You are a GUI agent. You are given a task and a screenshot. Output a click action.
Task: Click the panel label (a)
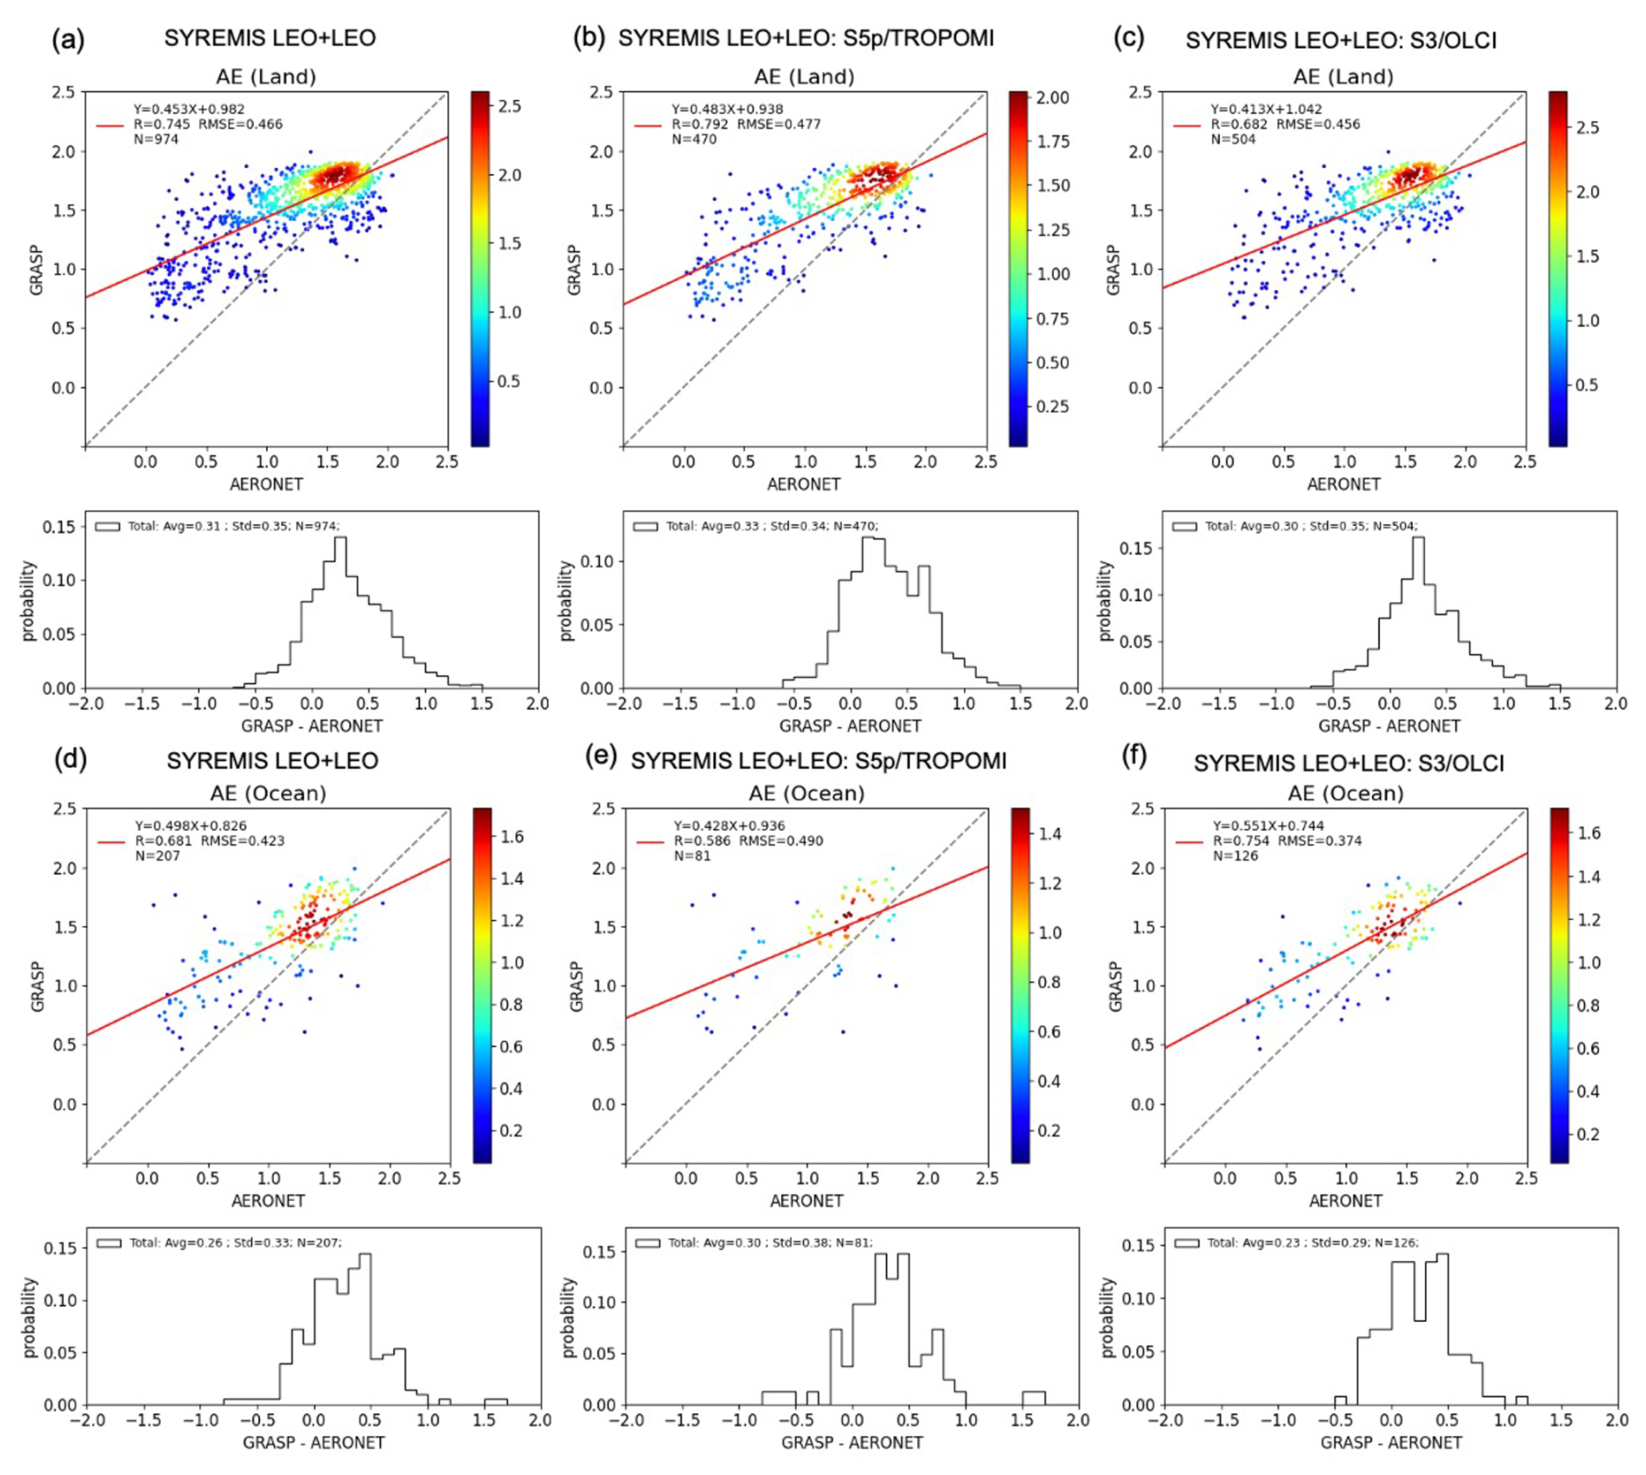click(x=68, y=40)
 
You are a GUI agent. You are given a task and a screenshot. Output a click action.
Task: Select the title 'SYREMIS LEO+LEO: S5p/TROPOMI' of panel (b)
click(x=806, y=38)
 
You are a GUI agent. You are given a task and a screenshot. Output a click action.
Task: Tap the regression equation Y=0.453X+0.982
click(x=189, y=110)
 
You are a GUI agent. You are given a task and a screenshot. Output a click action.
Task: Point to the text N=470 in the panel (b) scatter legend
click(x=693, y=139)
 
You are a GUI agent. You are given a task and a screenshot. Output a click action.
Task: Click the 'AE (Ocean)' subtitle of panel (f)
click(x=1345, y=794)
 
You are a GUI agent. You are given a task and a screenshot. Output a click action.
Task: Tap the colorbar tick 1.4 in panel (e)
click(x=1049, y=835)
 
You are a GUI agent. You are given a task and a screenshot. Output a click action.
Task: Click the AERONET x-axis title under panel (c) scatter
click(x=1343, y=485)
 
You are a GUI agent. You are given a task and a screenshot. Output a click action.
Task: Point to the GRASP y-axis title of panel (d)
click(x=37, y=986)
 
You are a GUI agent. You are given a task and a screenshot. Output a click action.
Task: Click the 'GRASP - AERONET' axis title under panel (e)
click(x=851, y=1443)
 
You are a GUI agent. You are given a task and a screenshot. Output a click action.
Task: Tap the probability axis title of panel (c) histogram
click(x=1105, y=600)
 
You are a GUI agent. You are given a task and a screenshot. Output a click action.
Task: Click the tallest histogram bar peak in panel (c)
click(x=1418, y=538)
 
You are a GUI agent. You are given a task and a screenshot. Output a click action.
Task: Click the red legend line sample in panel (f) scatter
click(x=1188, y=841)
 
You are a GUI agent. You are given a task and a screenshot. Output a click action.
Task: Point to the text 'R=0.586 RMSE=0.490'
click(x=748, y=841)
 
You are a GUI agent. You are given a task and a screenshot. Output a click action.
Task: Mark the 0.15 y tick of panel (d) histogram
click(x=60, y=1249)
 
